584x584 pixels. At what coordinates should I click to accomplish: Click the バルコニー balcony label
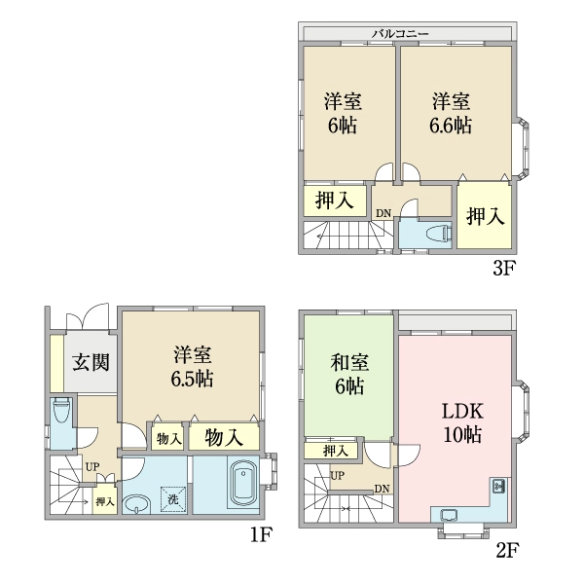coord(400,34)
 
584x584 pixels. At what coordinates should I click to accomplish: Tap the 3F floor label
coord(503,268)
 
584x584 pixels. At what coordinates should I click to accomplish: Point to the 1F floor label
coord(260,534)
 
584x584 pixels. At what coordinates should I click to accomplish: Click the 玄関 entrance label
coord(91,362)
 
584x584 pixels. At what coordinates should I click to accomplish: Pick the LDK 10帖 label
coord(462,423)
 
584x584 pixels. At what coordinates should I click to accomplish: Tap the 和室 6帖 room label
coord(349,375)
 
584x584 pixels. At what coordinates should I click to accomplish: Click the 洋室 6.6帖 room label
coord(451,113)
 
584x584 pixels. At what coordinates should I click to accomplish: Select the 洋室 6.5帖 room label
coord(192,367)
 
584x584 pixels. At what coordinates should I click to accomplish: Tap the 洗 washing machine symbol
coord(173,499)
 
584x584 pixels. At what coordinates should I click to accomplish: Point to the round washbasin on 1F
coord(136,504)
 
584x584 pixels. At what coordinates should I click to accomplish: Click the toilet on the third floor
coord(441,234)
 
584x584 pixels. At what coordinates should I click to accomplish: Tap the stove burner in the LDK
coord(498,485)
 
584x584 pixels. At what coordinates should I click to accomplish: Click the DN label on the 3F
coord(383,214)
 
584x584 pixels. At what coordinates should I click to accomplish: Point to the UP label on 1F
coord(92,467)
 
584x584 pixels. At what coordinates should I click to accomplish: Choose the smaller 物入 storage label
coord(169,440)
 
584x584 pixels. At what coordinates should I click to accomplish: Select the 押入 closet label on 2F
coord(336,451)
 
